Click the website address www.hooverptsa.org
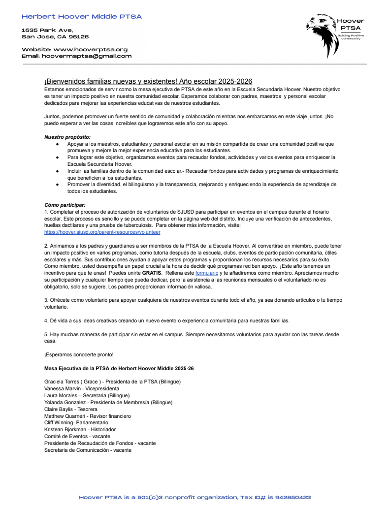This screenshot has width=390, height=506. (x=90, y=49)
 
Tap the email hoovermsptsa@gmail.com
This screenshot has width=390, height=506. (x=87, y=56)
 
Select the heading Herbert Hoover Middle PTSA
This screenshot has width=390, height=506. (x=82, y=17)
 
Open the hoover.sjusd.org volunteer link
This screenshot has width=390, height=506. (x=102, y=232)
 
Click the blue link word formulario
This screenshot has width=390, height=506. (x=206, y=273)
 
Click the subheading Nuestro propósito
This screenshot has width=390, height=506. (x=67, y=137)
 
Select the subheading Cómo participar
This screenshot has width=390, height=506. (x=65, y=205)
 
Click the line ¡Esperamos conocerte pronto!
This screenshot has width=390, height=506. (x=72, y=354)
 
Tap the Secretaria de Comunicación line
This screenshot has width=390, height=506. (x=88, y=450)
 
